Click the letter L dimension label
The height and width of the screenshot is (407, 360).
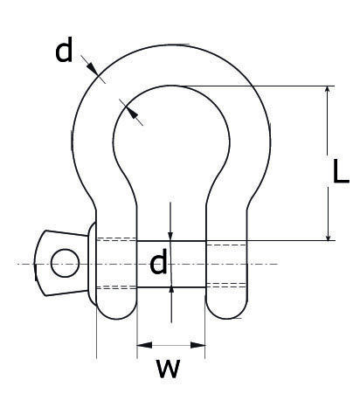click(340, 171)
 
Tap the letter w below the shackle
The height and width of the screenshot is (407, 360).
click(168, 369)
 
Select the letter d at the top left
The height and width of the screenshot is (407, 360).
click(64, 50)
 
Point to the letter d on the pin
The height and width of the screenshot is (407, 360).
click(158, 261)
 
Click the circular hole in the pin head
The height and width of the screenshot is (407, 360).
click(65, 263)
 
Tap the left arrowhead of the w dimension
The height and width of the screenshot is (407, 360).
click(144, 345)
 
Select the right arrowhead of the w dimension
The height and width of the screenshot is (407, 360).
click(197, 345)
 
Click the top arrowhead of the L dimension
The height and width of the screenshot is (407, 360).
click(328, 93)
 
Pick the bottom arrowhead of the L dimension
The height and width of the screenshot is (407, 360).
click(328, 234)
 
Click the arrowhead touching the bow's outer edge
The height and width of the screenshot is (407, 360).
click(93, 69)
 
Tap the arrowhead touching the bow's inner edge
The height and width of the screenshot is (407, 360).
click(132, 114)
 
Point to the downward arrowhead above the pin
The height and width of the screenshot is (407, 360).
click(170, 234)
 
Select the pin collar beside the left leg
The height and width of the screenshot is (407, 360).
click(92, 264)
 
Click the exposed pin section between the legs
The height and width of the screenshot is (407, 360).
click(171, 264)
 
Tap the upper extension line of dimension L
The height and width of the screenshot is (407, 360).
click(253, 86)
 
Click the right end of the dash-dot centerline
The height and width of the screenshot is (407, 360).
click(278, 264)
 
